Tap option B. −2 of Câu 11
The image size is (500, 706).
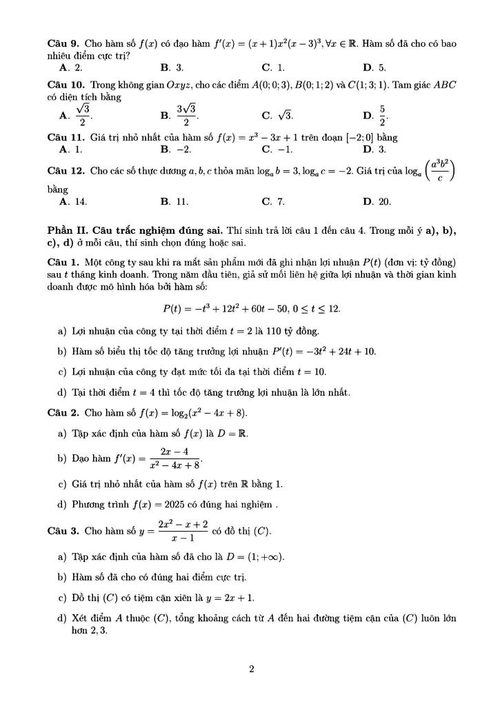[x=175, y=148]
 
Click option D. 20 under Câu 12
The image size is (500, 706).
[x=377, y=201]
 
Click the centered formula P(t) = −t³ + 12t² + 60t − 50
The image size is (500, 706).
[x=251, y=308]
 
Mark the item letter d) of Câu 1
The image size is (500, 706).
[x=63, y=393]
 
